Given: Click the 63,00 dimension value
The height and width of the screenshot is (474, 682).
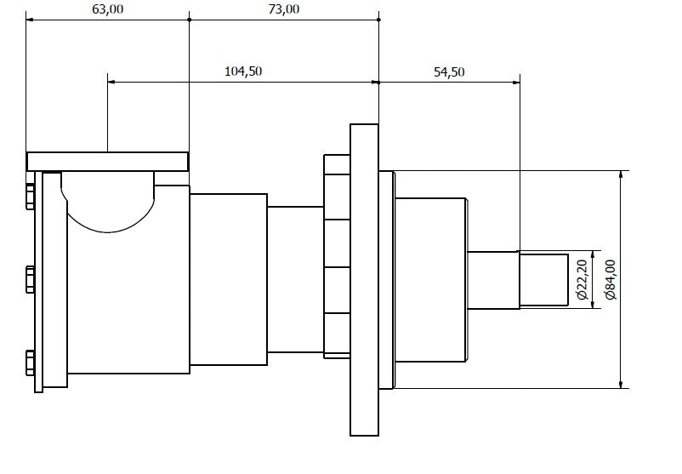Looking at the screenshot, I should [106, 9].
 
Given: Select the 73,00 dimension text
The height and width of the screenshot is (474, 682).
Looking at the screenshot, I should [284, 9].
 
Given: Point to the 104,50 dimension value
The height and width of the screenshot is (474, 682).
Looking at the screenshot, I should [243, 71].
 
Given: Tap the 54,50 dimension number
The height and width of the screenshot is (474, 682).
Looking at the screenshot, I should [449, 71].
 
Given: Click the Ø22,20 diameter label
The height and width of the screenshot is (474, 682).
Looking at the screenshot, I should [583, 279].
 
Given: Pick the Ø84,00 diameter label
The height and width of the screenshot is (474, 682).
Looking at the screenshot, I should [609, 279].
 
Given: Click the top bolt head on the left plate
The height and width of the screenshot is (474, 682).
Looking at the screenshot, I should [30, 196].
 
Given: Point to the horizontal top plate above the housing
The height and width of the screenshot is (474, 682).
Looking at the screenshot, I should [106, 161].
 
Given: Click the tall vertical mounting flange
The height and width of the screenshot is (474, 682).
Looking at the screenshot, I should [364, 279].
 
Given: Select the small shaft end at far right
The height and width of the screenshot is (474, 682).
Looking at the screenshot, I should [544, 279].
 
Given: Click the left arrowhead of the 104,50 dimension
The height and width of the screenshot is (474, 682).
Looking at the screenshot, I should [111, 83].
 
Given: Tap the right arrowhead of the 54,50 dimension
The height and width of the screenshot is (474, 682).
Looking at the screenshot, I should [515, 83].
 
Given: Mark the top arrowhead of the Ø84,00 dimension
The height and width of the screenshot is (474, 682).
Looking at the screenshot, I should [622, 174].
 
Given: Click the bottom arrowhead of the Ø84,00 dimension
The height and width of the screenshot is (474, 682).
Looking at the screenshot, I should [622, 384].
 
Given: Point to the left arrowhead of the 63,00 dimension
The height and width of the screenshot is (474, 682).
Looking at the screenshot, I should [30, 20].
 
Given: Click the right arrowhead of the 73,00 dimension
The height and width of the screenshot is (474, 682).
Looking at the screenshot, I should [375, 20].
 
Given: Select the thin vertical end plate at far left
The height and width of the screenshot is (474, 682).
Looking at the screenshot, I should [38, 281].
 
